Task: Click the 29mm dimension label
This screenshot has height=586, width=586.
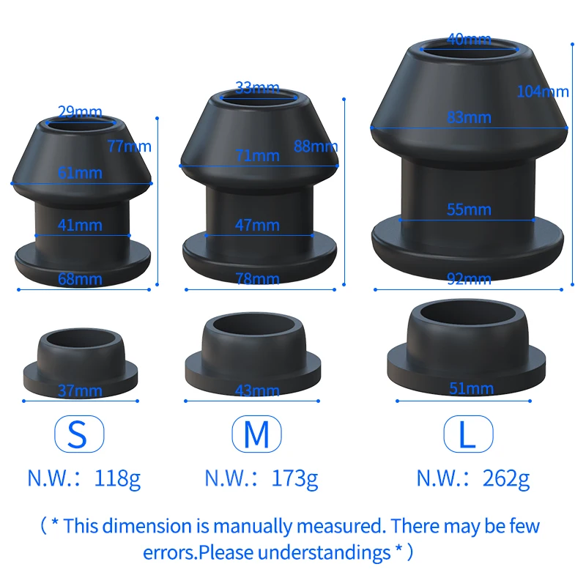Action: tap(80, 112)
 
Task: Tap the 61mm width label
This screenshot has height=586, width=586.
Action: tap(80, 173)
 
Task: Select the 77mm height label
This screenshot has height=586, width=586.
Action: tap(130, 146)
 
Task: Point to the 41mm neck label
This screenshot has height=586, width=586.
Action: tap(80, 226)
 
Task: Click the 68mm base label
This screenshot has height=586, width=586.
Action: tap(80, 279)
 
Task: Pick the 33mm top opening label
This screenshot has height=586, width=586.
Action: tap(258, 88)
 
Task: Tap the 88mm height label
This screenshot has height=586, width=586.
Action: tap(316, 146)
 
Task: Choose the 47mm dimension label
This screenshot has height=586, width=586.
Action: tap(258, 226)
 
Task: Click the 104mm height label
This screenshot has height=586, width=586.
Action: tap(543, 92)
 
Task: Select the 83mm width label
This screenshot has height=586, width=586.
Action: tap(469, 118)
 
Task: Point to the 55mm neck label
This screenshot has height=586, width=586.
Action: tap(469, 209)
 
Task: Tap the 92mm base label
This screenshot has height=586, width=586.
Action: tap(469, 279)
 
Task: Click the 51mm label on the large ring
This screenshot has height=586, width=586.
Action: tap(471, 389)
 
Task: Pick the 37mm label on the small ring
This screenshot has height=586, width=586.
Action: tap(80, 391)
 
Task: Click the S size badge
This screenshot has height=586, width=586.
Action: tap(79, 434)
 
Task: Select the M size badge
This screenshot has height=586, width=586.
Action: tap(257, 434)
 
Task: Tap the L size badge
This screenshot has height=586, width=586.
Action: tap(468, 434)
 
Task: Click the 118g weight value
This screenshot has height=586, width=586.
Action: tap(117, 479)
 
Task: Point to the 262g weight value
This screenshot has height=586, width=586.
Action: tap(506, 479)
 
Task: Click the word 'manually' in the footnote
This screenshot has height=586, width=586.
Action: tap(253, 527)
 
